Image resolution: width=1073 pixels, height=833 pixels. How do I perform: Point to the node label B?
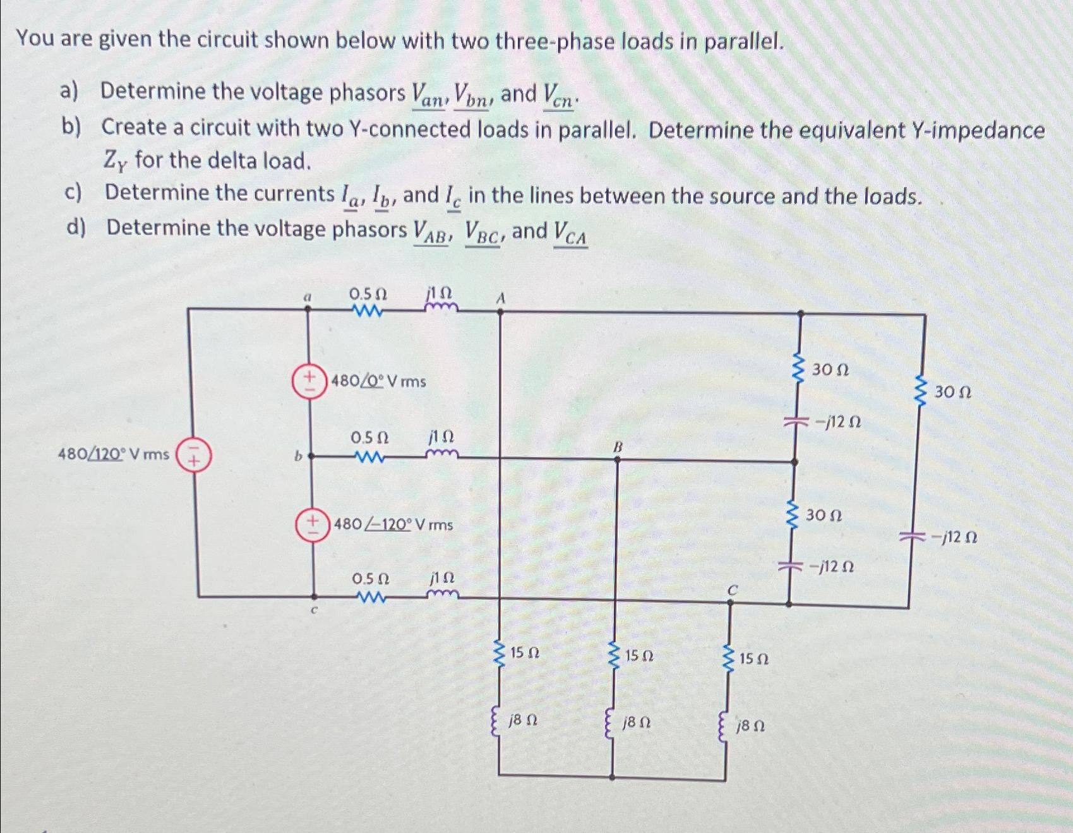[618, 446]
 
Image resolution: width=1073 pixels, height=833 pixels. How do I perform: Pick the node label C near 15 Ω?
[732, 590]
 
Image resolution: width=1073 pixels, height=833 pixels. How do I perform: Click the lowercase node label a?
[308, 296]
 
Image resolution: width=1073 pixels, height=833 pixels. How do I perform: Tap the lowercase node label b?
[297, 455]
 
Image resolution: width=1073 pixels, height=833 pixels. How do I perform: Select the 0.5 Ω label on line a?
[368, 294]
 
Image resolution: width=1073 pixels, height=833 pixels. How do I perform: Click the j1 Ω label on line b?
[441, 437]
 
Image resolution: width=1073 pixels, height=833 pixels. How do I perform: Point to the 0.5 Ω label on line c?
[370, 578]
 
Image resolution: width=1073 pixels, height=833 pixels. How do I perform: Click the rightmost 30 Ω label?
[952, 392]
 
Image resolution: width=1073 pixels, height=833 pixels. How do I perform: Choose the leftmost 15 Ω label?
[524, 652]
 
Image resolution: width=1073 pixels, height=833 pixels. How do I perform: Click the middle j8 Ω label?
[637, 722]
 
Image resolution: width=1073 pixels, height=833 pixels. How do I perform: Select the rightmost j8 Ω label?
[750, 726]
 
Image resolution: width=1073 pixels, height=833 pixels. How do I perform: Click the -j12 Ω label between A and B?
[837, 422]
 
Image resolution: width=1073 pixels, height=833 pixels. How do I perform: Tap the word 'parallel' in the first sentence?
[743, 42]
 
